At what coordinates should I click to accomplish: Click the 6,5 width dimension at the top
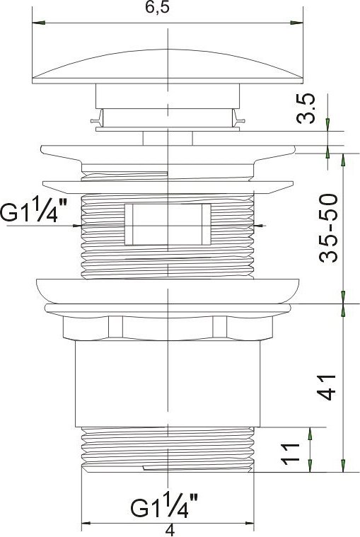[166, 8]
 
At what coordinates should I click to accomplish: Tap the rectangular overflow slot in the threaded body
[167, 224]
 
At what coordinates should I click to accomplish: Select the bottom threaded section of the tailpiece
[167, 449]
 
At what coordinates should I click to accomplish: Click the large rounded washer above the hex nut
[167, 291]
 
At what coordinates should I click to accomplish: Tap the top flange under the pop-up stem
[167, 154]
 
